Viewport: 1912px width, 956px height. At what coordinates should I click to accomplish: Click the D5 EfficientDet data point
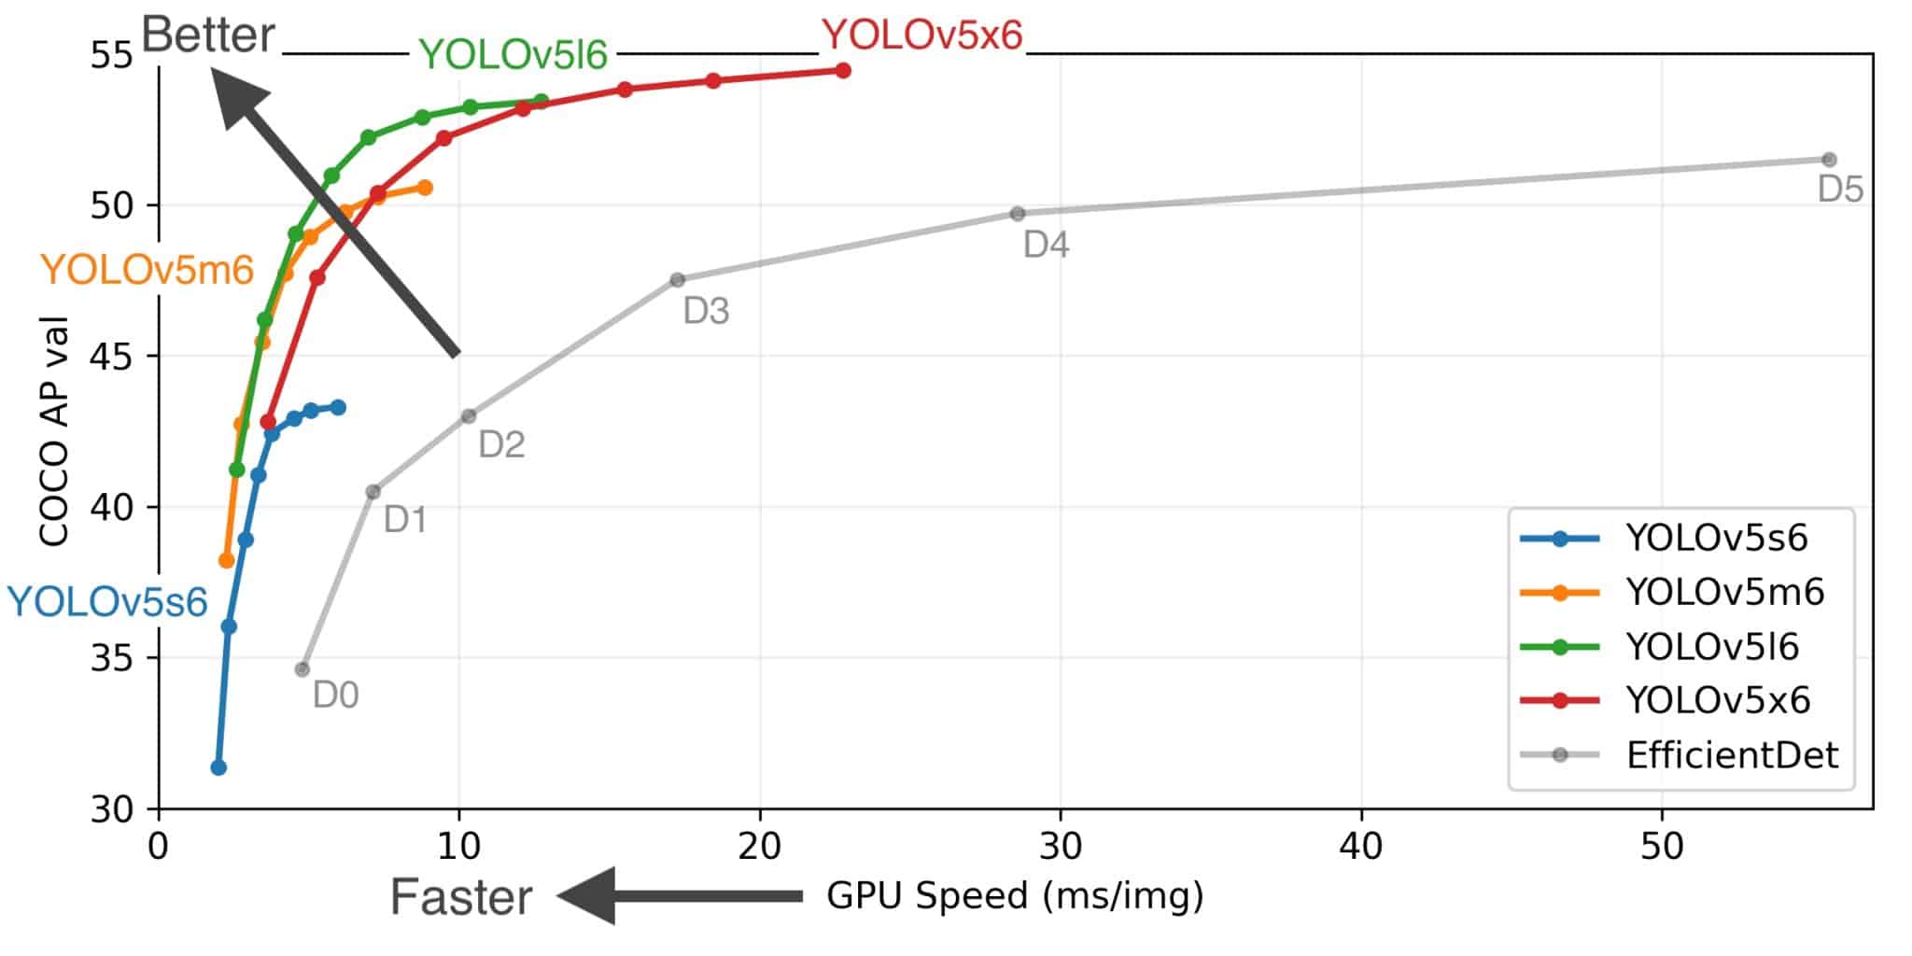(1829, 160)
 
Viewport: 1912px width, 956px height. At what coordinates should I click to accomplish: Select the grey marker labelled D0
(302, 669)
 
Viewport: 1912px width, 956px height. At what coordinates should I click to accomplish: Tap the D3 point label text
(706, 311)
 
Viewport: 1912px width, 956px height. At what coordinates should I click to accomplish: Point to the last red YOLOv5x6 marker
(843, 70)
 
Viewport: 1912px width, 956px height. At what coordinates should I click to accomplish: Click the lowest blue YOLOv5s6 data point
(218, 767)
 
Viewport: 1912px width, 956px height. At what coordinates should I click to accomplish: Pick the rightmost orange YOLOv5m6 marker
(425, 188)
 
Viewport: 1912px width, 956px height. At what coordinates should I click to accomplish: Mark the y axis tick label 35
(111, 658)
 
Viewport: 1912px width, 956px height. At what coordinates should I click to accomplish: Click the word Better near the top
(208, 35)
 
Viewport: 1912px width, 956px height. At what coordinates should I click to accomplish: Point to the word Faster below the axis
(460, 897)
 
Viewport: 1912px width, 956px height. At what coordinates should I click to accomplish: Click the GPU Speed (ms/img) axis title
(1015, 895)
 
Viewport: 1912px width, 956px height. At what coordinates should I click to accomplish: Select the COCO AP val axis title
(54, 431)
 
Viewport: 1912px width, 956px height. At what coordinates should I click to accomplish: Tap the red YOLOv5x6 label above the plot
(921, 35)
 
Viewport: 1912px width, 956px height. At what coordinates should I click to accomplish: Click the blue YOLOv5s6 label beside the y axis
(107, 602)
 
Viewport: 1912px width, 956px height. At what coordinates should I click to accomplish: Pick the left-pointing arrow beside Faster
(680, 895)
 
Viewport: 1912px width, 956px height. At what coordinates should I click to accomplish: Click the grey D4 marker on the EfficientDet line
(1018, 214)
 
